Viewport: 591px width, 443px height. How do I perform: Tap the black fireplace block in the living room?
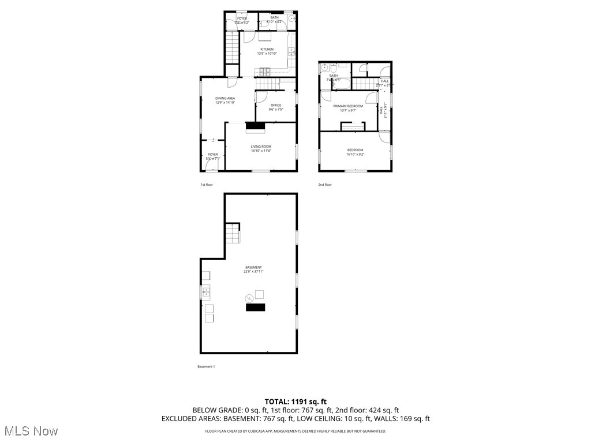(x=255, y=127)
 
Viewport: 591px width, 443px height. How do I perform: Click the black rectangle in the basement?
(x=256, y=307)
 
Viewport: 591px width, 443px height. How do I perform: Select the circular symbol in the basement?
(x=249, y=298)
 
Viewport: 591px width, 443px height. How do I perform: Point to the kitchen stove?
(x=265, y=72)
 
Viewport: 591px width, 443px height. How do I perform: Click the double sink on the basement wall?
(x=206, y=292)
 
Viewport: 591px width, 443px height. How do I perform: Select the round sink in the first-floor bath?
(x=293, y=18)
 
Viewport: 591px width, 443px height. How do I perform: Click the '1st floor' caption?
(x=207, y=185)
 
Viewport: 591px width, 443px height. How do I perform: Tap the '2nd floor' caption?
(x=325, y=185)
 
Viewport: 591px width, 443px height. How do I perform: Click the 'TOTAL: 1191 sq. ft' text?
(x=295, y=401)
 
